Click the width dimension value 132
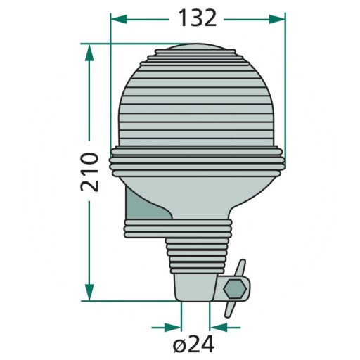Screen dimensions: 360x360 pyautogui.click(x=198, y=18)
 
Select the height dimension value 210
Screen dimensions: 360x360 pyautogui.click(x=89, y=171)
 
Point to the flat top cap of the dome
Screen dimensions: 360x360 pyautogui.click(x=198, y=51)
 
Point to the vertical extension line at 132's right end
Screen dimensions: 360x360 pyautogui.click(x=285, y=84)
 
